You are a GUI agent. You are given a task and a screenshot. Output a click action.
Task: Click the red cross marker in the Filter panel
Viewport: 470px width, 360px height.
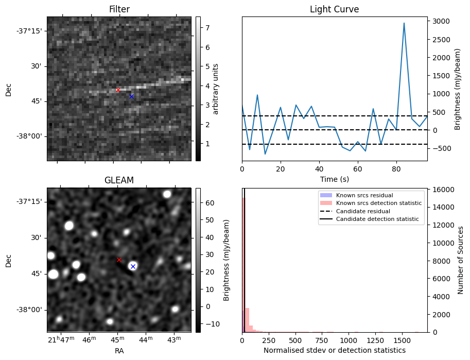[x=118, y=90]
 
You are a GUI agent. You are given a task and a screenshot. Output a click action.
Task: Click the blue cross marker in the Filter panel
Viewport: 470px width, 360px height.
[x=131, y=96]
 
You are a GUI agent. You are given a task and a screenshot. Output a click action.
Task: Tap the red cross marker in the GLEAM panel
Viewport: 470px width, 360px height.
[x=119, y=260]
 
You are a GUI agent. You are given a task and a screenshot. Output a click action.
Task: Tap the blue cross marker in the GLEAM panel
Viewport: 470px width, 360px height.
[x=133, y=266]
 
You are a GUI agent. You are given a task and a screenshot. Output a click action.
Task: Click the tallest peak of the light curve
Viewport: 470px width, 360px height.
[x=404, y=23]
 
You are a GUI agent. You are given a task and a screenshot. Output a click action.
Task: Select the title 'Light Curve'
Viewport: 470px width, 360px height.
[x=334, y=10]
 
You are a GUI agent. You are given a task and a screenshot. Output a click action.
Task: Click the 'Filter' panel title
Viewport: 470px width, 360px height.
[x=119, y=10]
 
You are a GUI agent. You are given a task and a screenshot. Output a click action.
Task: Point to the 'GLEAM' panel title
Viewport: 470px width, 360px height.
[x=119, y=181]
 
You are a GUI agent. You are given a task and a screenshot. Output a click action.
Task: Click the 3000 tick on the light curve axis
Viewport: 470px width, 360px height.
[x=441, y=21]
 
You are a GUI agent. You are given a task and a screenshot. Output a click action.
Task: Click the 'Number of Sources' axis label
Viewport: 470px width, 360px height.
[x=461, y=260]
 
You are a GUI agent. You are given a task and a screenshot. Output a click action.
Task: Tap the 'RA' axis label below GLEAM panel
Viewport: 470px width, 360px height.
[x=119, y=351]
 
